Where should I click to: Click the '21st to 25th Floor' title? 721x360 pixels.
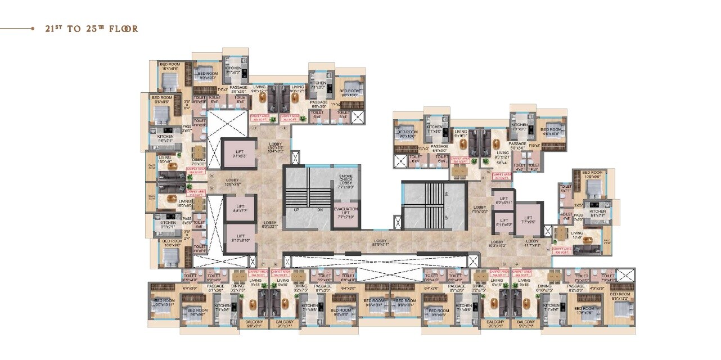tap(92, 29)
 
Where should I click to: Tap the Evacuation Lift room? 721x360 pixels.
tap(345, 213)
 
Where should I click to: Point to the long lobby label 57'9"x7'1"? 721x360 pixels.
tap(381, 243)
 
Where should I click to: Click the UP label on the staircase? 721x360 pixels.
tap(296, 209)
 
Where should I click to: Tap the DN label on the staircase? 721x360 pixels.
tap(319, 209)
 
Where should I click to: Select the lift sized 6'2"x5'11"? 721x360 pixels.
tap(503, 200)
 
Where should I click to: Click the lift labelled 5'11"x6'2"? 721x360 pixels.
tap(503, 222)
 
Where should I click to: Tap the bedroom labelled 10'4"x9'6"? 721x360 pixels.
tap(170, 67)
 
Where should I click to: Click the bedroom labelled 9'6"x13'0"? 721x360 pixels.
tap(620, 296)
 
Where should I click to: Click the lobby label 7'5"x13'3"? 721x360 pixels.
tap(480, 209)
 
